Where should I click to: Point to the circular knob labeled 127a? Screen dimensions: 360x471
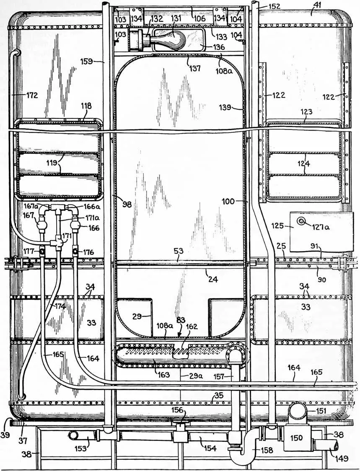(300, 221)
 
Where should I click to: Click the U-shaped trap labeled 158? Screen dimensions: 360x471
(243, 450)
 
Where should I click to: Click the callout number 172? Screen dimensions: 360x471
(32, 95)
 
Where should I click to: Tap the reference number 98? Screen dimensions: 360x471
(127, 204)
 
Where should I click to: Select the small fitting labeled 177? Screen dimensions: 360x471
(42, 250)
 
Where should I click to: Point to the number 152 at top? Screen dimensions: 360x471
(274, 6)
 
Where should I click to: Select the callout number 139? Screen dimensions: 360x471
(225, 107)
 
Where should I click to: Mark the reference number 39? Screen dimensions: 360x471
(5, 434)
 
